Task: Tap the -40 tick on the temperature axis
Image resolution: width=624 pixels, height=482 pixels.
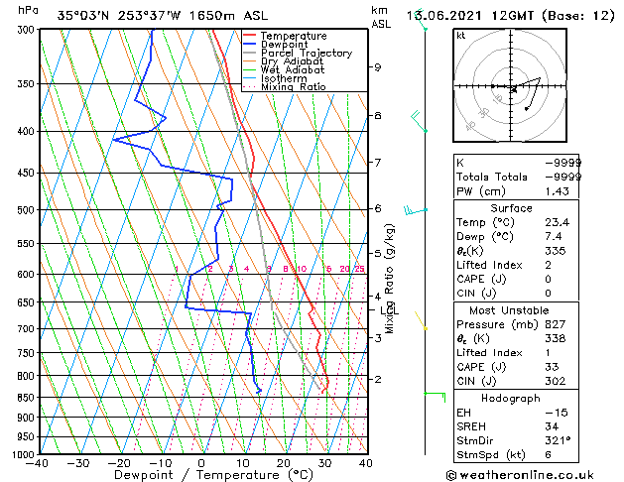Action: pyautogui.click(x=39, y=462)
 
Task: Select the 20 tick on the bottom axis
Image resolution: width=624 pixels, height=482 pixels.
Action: pyautogui.click(x=283, y=462)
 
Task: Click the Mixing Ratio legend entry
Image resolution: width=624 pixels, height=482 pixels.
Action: pyautogui.click(x=294, y=87)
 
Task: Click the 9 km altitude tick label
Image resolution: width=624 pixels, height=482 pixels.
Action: pyautogui.click(x=377, y=67)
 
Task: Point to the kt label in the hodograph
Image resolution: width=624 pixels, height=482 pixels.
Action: pyautogui.click(x=461, y=36)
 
